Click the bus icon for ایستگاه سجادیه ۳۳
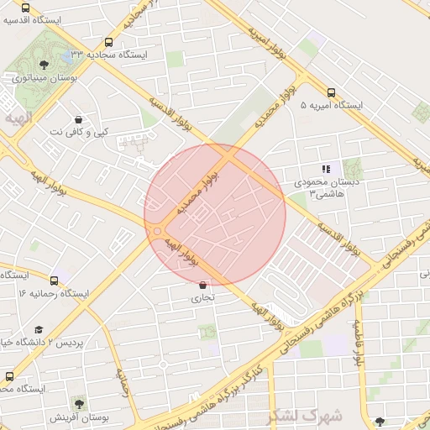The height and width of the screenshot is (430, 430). pos(108,43)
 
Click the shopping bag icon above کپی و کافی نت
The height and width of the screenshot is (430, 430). pos(78,120)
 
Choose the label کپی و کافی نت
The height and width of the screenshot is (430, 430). pos(78,133)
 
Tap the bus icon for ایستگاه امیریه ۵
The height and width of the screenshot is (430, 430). pos(331,93)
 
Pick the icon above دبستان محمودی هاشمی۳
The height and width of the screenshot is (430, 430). pos(326,170)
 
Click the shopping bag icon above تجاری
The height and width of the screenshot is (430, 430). pos(202,286)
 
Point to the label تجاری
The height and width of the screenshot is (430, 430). pos(202,297)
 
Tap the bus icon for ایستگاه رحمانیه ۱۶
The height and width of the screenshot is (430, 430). pos(55,281)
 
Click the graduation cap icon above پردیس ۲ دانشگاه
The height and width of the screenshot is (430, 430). pos(38,330)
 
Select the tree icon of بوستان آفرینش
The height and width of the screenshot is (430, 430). pos(78,405)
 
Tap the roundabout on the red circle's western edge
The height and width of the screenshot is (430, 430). pos(156,231)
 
